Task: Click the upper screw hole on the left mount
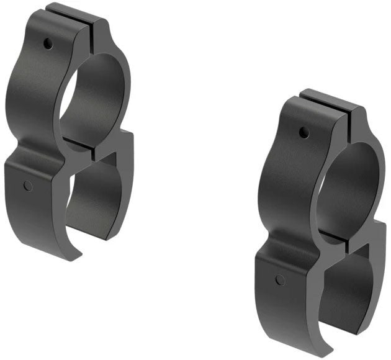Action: coord(47,43)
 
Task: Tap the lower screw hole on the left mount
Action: coord(27,186)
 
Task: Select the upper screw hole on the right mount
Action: coord(303,132)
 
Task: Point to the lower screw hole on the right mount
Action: coord(280,280)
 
